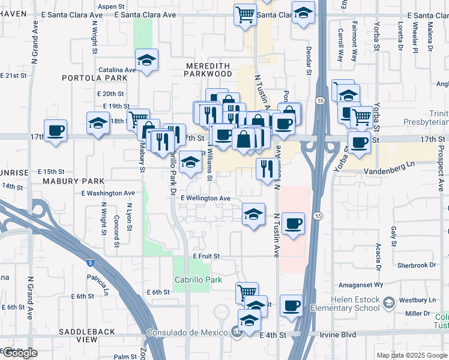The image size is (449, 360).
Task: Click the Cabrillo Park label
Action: (x=198, y=280)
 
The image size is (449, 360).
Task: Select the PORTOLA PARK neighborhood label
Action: (x=94, y=78)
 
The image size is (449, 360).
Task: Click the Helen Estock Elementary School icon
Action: (x=390, y=303)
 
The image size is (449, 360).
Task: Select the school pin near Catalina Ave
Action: (x=146, y=60)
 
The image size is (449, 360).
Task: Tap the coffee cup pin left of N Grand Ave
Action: (x=56, y=131)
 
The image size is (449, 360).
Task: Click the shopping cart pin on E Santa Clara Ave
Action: (x=245, y=14)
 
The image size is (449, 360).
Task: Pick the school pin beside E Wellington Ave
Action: (x=253, y=214)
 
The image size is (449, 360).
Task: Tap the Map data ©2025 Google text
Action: (x=411, y=355)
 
